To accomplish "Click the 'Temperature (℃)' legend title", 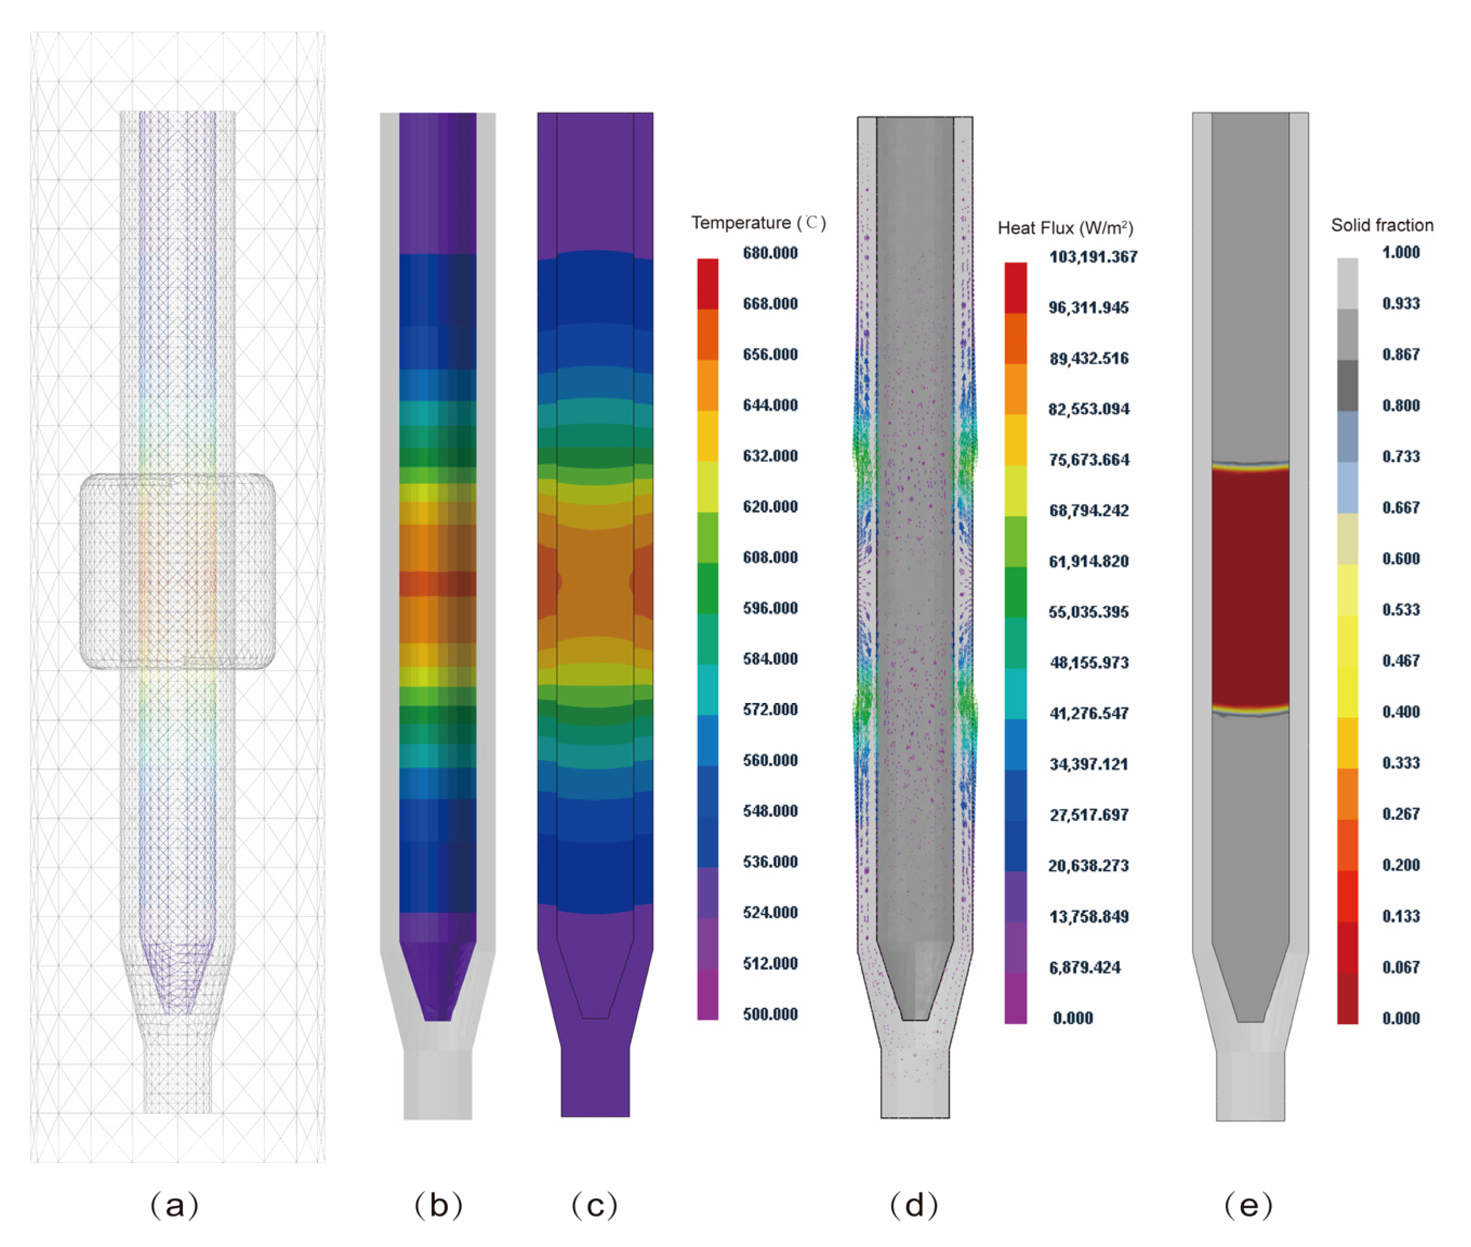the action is point(758,223).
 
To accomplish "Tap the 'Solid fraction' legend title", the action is point(1382,225).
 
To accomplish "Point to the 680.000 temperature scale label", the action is point(770,253).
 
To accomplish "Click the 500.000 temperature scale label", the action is point(770,1014).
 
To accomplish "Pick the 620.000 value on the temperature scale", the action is point(770,506).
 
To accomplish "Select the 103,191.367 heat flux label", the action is point(1093,257).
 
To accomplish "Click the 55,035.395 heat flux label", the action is point(1089,612).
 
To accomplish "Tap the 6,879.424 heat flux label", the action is point(1085,967).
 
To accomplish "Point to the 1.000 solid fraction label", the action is point(1400,253).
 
